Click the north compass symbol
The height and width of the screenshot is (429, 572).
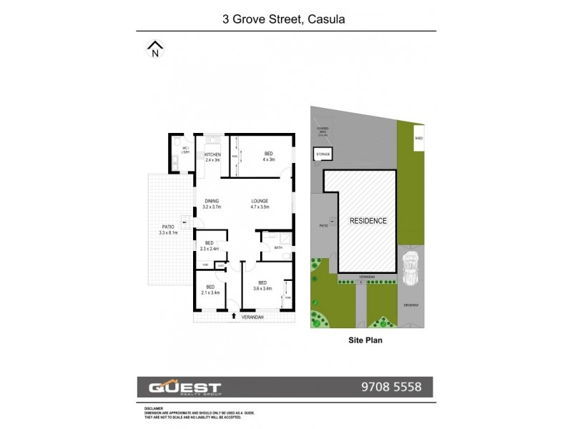pos(155,50)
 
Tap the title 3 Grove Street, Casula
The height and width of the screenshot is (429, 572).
pos(285,19)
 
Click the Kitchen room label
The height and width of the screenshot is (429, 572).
pos(212,157)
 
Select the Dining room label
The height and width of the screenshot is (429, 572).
pos(212,204)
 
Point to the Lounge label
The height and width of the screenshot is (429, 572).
pos(259,204)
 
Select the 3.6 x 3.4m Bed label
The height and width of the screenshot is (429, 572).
pos(262,285)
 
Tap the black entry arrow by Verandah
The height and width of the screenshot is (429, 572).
pos(235,315)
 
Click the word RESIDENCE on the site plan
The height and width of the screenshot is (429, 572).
pos(368,221)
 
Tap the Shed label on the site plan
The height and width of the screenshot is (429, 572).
pos(419,138)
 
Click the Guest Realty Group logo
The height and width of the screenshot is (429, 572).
pos(184,387)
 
